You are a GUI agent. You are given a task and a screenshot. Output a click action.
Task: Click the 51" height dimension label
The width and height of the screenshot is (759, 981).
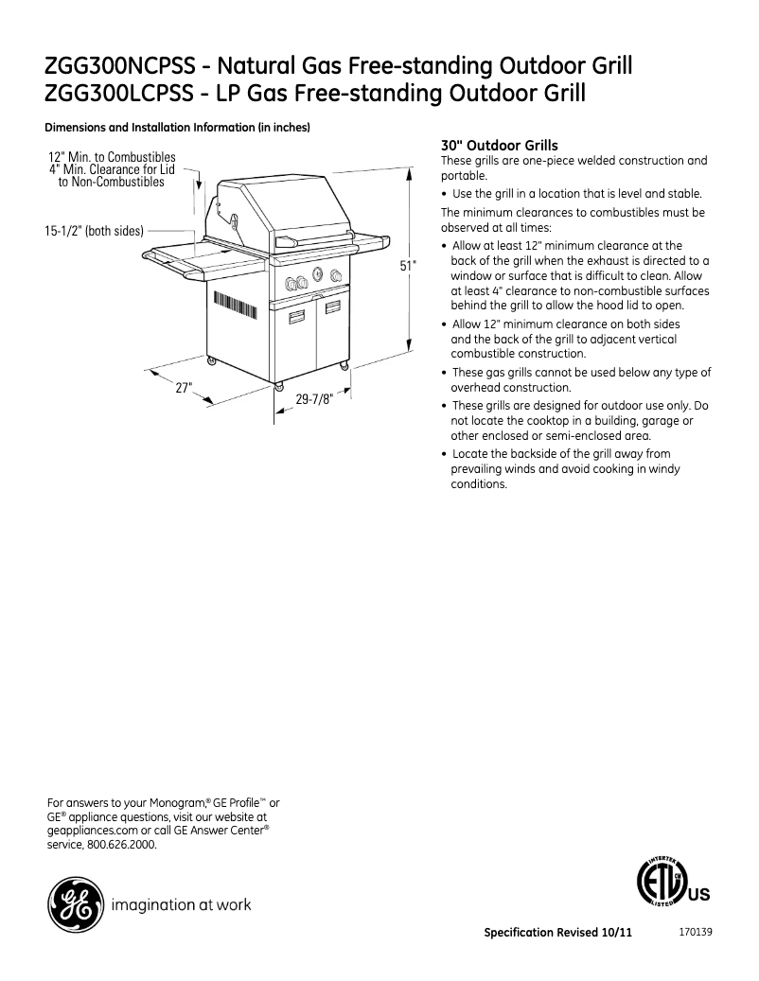click(407, 267)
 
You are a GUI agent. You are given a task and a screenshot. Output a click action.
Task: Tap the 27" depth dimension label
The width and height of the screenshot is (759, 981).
click(185, 387)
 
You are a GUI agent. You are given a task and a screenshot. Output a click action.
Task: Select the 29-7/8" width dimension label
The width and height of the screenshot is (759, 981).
click(314, 399)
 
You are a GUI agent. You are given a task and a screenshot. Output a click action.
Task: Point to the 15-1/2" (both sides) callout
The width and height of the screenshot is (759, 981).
click(93, 230)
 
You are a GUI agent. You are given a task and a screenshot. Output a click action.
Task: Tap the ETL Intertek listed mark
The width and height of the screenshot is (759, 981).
click(665, 884)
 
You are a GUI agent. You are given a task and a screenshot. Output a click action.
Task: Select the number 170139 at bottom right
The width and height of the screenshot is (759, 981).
click(696, 931)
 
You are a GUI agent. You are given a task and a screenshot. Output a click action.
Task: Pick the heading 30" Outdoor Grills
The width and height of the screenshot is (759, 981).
click(500, 146)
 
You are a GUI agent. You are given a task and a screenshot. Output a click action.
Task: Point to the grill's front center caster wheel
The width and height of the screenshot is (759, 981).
click(278, 386)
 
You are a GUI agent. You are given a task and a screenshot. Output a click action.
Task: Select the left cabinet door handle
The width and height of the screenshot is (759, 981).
click(295, 316)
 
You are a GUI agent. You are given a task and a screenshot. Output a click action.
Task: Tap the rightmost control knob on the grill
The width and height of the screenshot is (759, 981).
click(335, 277)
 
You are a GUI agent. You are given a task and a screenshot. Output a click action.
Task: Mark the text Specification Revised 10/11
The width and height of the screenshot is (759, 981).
click(557, 932)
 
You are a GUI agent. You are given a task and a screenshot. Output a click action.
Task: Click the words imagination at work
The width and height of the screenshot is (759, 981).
click(182, 905)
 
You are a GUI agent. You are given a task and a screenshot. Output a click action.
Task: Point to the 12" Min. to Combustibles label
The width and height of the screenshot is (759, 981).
click(112, 157)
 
